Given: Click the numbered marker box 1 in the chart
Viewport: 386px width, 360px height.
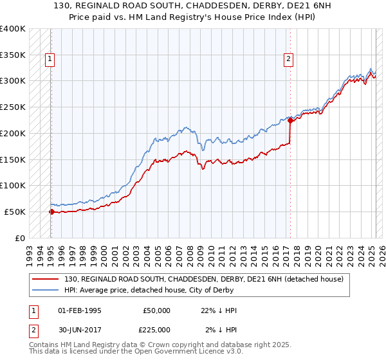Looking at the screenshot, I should click(50, 60).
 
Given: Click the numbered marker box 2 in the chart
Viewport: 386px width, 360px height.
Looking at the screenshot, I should click(288, 60).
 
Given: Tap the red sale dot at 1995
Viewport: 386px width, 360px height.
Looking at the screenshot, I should click(51, 211).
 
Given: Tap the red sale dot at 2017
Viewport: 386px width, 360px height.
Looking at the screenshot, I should click(290, 120).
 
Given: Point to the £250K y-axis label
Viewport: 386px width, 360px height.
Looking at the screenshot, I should click(13, 107).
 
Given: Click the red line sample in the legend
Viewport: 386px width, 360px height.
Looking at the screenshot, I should click(46, 279).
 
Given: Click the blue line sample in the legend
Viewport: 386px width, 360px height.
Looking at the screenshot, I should click(46, 290).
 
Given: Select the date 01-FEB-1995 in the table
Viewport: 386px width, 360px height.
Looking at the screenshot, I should click(80, 310).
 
